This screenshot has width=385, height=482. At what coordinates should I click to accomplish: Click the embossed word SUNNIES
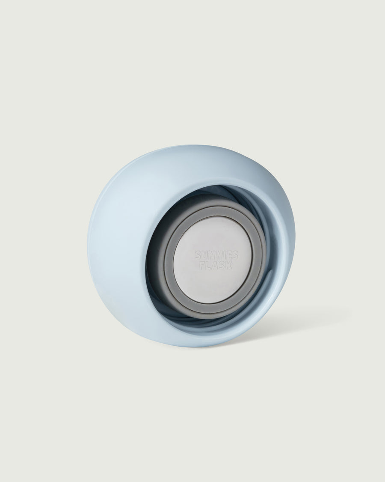(x=216, y=255)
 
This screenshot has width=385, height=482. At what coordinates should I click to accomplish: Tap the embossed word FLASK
(x=216, y=265)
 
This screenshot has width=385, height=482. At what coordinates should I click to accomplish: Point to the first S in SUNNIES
(x=198, y=254)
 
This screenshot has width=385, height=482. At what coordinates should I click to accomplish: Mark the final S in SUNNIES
(x=234, y=255)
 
